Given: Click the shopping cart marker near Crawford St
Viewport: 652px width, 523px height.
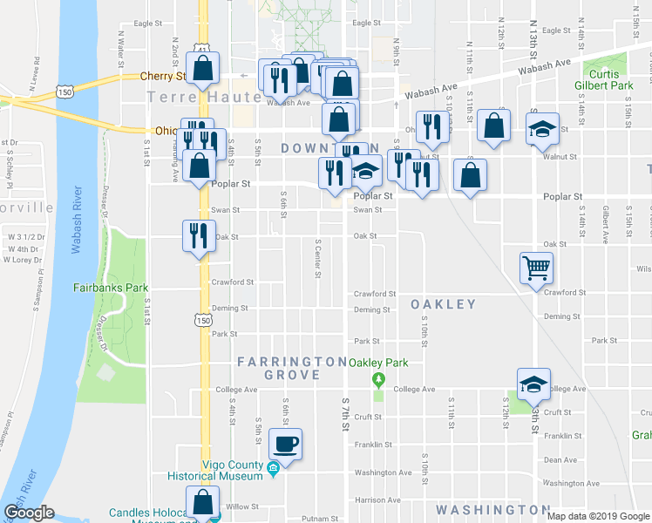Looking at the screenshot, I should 536,268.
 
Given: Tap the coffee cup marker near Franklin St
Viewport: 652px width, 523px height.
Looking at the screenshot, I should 285,443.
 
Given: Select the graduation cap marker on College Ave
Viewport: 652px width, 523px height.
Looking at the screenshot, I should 533,383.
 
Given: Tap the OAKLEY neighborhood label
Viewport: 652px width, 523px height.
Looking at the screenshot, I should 444,304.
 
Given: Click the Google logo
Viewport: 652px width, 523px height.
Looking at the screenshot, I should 30,513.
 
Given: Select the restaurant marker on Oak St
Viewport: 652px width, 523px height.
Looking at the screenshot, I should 197,234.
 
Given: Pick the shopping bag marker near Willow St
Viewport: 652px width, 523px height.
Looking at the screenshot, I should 203,502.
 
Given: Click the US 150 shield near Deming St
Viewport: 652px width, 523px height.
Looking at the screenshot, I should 202,321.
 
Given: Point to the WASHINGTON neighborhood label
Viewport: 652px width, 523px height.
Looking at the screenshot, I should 492,509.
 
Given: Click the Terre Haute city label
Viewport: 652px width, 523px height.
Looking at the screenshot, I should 204,97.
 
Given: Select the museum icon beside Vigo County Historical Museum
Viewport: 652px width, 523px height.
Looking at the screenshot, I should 273,471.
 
